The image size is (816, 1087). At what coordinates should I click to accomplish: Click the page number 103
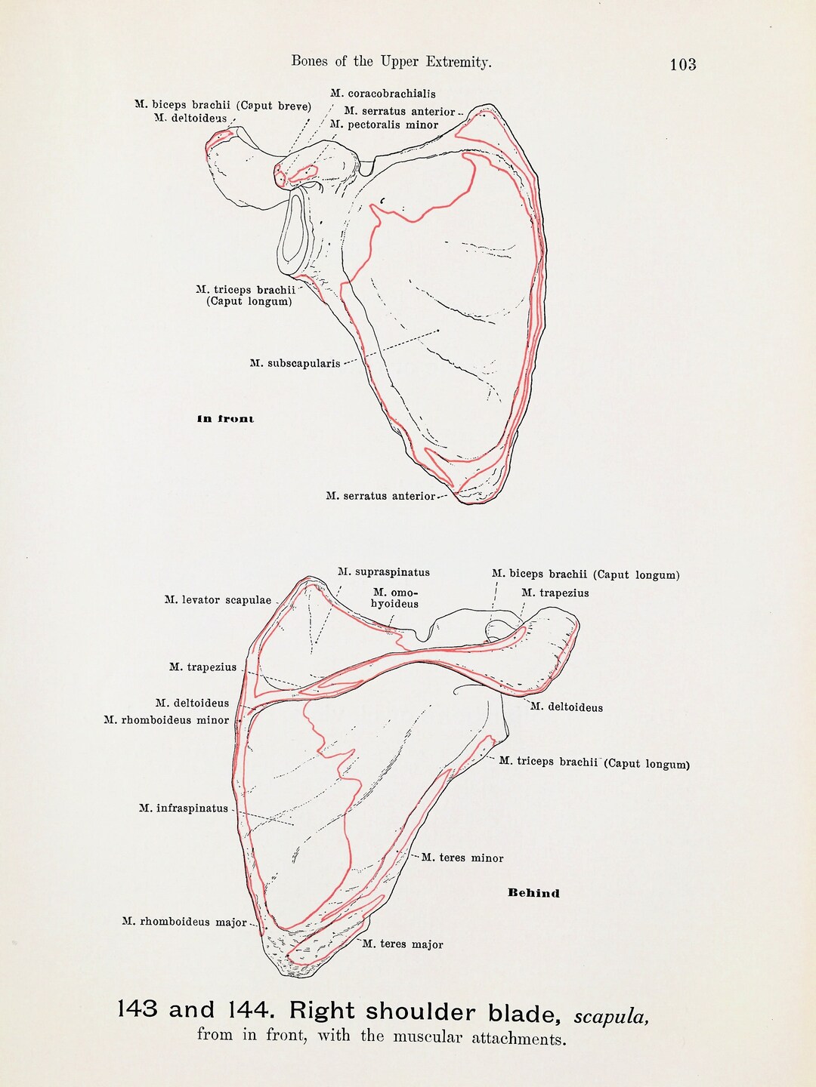[683, 64]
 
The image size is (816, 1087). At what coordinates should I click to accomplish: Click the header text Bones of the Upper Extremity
[391, 62]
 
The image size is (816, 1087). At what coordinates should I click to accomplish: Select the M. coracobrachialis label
[383, 93]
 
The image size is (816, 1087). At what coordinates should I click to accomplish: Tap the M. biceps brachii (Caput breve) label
[223, 106]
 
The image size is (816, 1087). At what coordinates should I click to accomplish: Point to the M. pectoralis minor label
[384, 125]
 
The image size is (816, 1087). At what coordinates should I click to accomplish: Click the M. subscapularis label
[295, 364]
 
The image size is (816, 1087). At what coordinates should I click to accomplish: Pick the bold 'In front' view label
[225, 419]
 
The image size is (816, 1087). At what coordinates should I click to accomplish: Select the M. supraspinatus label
[384, 572]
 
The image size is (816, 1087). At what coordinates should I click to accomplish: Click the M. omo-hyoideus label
[395, 598]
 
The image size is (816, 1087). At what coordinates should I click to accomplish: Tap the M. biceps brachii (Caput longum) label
[586, 574]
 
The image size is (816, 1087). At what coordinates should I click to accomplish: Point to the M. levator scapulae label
[218, 600]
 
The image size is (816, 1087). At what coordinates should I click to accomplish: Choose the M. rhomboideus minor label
[166, 720]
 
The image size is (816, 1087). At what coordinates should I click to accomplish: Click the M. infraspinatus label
[184, 808]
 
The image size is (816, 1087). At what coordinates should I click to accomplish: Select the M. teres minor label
[462, 858]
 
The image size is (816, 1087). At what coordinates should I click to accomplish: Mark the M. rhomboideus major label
[184, 922]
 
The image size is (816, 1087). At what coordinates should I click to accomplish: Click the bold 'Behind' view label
[533, 893]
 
